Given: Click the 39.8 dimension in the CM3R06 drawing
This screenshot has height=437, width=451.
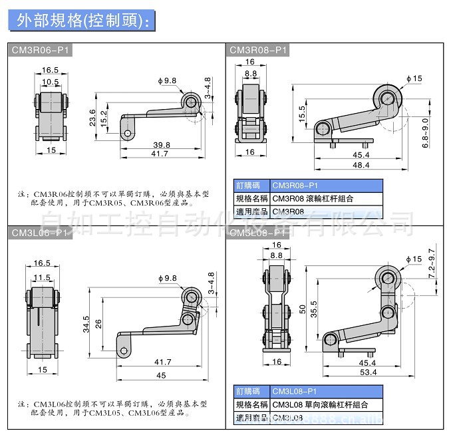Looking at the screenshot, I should [161, 145].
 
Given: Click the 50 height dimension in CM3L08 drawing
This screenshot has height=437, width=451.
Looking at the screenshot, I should [303, 310].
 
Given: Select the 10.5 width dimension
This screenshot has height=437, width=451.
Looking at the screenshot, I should [51, 82].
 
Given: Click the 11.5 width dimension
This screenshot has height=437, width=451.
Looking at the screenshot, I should [42, 277].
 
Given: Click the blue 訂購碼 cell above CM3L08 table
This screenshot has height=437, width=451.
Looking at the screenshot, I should [251, 392].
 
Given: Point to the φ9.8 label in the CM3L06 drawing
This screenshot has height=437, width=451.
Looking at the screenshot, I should [167, 277].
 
